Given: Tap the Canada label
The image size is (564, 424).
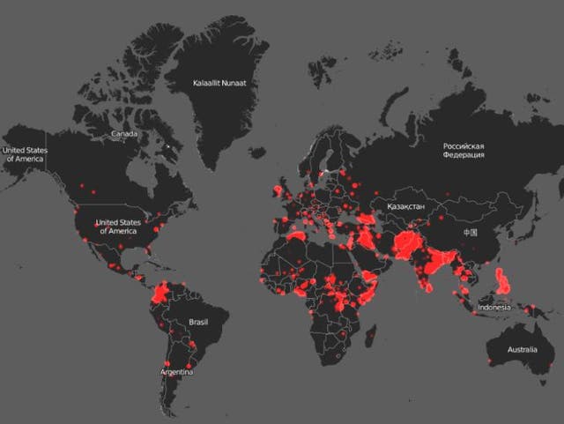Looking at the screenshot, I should point(123,134).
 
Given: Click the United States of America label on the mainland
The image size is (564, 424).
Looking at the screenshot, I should point(116,227).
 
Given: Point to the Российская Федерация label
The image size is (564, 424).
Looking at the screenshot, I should point(464,151).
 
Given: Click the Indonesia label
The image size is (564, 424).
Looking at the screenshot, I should point(493,308).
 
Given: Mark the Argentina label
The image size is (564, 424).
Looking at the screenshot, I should point(177,372).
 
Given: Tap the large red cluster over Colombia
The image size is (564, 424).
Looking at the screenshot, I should point(162,292).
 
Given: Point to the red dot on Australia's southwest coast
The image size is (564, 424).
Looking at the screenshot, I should point(489,361).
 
